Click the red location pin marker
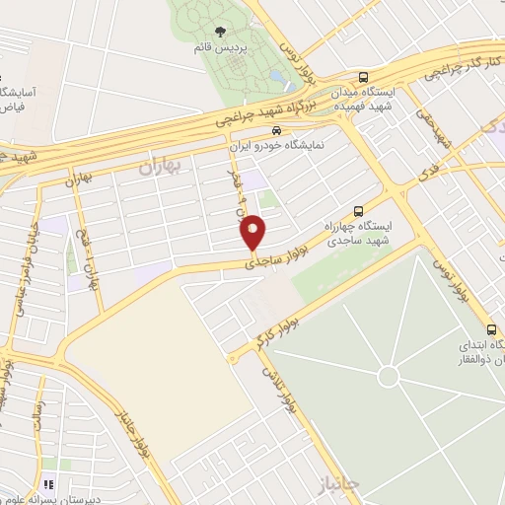(253, 233)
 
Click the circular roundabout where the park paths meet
(389, 376)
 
